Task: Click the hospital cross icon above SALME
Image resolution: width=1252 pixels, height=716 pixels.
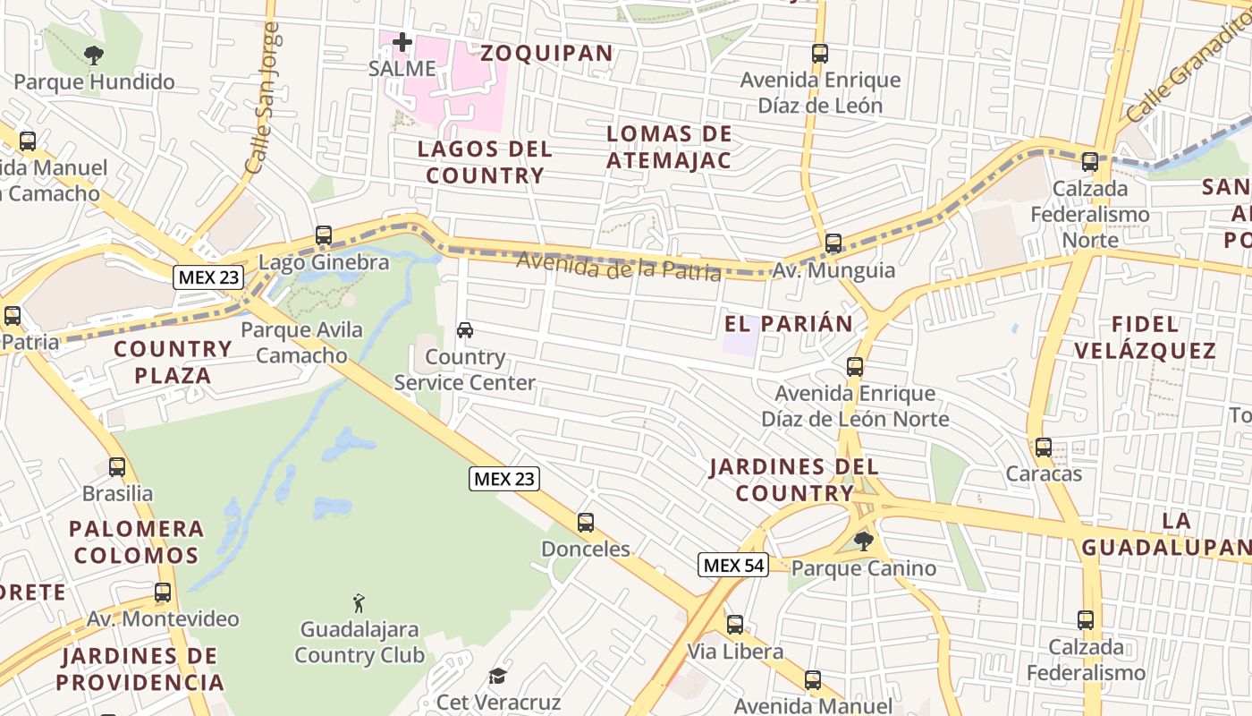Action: coord(402,41)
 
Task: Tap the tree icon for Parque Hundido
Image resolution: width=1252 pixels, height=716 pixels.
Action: coord(93,55)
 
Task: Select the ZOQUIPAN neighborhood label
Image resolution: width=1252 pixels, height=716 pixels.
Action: coord(546,53)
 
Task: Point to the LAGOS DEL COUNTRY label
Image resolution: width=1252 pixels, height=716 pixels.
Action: coord(485,162)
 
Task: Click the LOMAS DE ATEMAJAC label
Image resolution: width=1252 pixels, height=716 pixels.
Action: coord(669,148)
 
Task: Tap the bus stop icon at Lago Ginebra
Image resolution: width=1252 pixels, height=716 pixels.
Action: coord(324,236)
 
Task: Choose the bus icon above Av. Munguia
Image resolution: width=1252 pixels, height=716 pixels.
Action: coord(833,243)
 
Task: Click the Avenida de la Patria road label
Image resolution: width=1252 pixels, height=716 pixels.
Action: coord(619,265)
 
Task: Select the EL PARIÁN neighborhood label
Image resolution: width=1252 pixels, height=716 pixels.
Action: coord(788,324)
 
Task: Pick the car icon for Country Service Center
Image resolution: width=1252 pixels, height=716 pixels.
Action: coord(465,330)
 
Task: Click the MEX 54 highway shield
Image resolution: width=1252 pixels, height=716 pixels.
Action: coord(733,565)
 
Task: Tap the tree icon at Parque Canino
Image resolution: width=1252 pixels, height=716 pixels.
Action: coord(863,541)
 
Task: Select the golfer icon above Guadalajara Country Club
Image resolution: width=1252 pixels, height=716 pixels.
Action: coord(359,603)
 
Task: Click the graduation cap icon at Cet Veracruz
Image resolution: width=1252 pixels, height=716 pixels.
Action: coord(497,676)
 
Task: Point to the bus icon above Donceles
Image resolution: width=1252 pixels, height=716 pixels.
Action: coord(586,523)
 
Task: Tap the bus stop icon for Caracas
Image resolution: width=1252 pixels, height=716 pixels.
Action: coord(1043,447)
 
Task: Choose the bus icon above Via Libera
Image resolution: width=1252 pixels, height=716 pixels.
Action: coord(734,625)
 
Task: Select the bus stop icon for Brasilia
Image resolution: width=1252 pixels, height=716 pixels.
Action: coord(117,467)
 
